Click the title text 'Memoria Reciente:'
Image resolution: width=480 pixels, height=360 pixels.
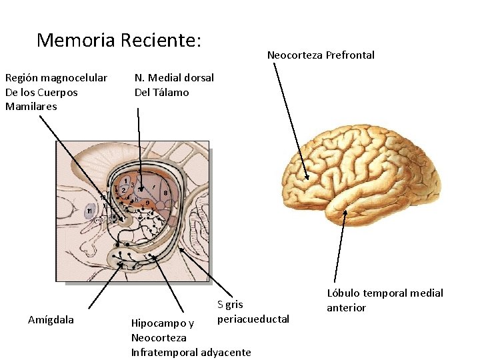pos(119,41)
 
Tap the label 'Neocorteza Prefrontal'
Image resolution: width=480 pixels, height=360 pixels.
pos(321,55)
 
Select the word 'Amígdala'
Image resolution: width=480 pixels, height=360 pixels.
pos(51,320)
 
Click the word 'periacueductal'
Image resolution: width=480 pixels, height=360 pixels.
pos(253,319)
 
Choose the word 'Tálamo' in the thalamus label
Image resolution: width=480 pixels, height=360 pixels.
pos(171,93)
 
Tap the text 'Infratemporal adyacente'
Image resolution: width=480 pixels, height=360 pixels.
pos(191,352)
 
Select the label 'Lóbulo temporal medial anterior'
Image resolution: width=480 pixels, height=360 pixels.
pos(384,300)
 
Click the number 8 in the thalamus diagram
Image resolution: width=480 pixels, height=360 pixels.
pos(165,193)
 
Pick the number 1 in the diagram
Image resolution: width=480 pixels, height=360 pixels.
pos(125,181)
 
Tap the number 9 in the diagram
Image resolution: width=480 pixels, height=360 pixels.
pos(147,203)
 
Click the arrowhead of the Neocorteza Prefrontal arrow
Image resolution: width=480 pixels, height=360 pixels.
pos(307,178)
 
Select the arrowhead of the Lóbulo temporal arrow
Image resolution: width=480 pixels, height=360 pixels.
pos(345,212)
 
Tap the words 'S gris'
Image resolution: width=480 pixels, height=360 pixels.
pos(230,305)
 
